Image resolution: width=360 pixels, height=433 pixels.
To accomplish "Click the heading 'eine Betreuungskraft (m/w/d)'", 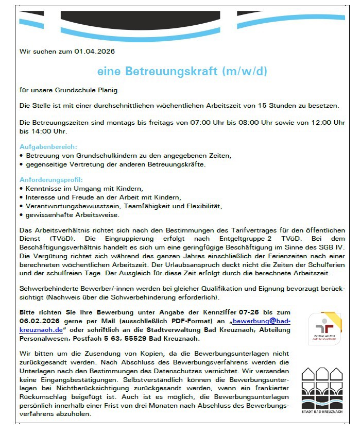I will click(182, 71).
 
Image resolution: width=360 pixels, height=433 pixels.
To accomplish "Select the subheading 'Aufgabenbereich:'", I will click(48, 147).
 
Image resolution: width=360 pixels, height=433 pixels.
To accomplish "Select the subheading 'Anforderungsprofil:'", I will click(51, 180).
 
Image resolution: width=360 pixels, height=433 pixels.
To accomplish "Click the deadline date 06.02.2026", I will click(39, 321).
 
